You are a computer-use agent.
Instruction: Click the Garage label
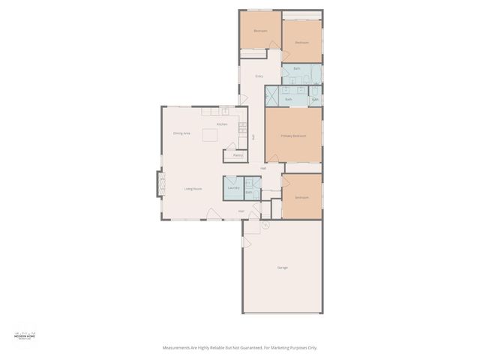pyautogui.click(x=282, y=268)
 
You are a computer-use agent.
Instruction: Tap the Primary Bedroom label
pyautogui.click(x=293, y=136)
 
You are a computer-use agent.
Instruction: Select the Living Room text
pyautogui.click(x=193, y=189)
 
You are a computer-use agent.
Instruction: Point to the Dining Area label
pyautogui.click(x=181, y=133)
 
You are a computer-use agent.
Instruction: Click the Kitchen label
pyautogui.click(x=222, y=124)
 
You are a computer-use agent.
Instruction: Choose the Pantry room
pyautogui.click(x=237, y=155)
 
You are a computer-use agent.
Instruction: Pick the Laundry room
pyautogui.click(x=233, y=187)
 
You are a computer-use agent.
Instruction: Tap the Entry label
pyautogui.click(x=259, y=76)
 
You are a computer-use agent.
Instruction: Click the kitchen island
pyautogui.click(x=211, y=135)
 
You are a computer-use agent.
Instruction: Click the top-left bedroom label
pyautogui.click(x=260, y=31)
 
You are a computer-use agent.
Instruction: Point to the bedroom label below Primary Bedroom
pyautogui.click(x=301, y=197)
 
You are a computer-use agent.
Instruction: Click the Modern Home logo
pyautogui.click(x=25, y=335)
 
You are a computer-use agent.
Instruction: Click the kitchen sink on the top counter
pyautogui.click(x=224, y=111)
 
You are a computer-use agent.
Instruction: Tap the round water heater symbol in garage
pyautogui.click(x=265, y=224)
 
